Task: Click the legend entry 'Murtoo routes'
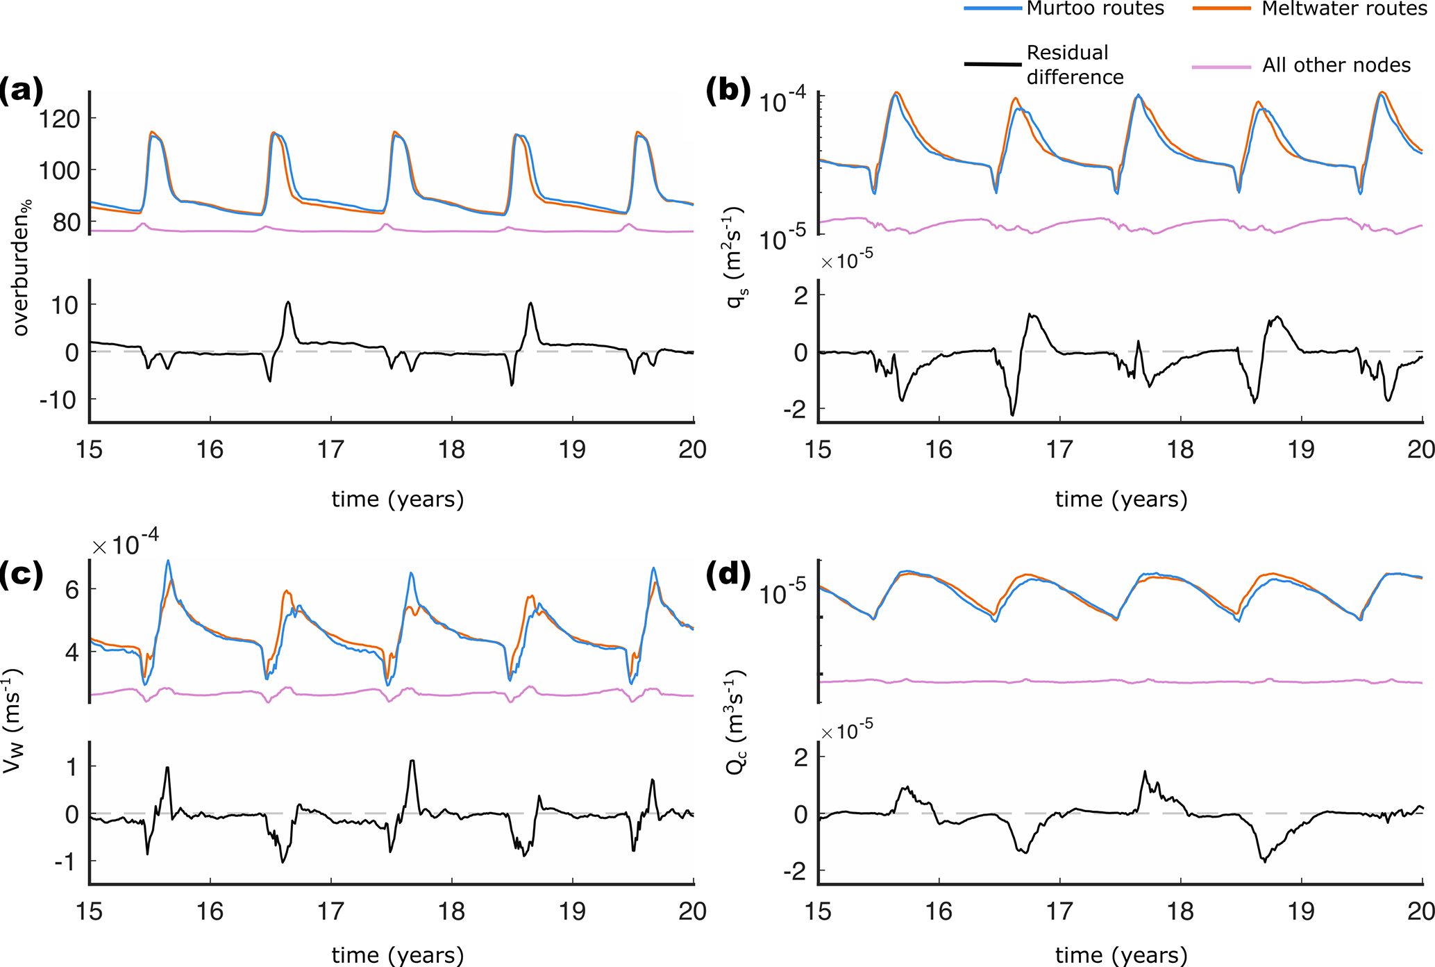[1095, 8]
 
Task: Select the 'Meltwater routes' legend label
[1344, 8]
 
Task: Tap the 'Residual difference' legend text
[1074, 65]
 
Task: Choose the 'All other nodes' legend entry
[1336, 65]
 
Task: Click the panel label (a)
[22, 91]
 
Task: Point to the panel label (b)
[728, 91]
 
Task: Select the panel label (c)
[22, 575]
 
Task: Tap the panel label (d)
[728, 575]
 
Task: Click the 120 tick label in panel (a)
[59, 119]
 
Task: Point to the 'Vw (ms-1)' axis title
[14, 721]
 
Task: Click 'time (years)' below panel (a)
[397, 499]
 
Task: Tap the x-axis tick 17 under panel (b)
[1059, 449]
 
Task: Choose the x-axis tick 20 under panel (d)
[1420, 911]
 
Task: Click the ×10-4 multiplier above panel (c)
[126, 543]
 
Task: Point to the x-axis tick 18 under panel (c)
[451, 911]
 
